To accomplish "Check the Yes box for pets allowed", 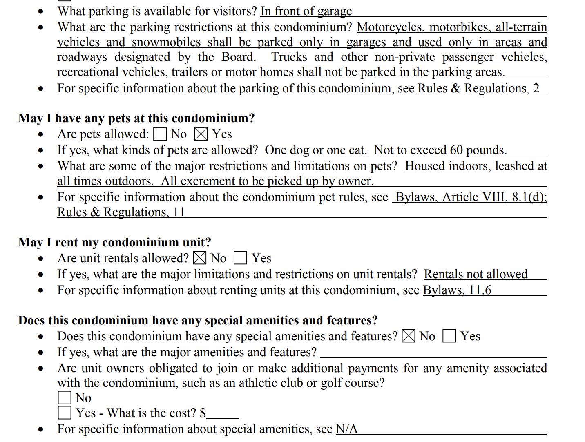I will pyautogui.click(x=201, y=134).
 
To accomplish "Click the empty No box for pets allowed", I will pyautogui.click(x=160, y=134).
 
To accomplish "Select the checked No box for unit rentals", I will pyautogui.click(x=200, y=258).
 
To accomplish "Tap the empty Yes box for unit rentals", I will pyautogui.click(x=240, y=258).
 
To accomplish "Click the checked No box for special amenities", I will pyautogui.click(x=409, y=336).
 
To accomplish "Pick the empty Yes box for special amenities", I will pyautogui.click(x=449, y=336).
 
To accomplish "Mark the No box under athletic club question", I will pyautogui.click(x=65, y=397).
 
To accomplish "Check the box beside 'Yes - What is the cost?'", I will pyautogui.click(x=65, y=413).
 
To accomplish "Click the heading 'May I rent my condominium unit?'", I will pyautogui.click(x=115, y=242).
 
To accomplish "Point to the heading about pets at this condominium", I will pyautogui.click(x=136, y=118).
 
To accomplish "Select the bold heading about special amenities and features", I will pyautogui.click(x=198, y=320).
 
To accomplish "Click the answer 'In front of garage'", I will pyautogui.click(x=306, y=11).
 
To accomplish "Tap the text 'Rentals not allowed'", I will pyautogui.click(x=476, y=274).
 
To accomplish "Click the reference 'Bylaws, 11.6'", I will pyautogui.click(x=457, y=290).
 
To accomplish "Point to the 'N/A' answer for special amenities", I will pyautogui.click(x=346, y=429).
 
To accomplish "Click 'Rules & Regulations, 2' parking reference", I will pyautogui.click(x=478, y=88).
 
